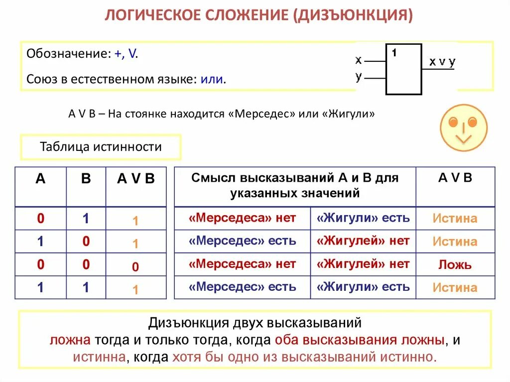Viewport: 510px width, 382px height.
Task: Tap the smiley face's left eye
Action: (453, 122)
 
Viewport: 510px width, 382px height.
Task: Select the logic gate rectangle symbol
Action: (403, 69)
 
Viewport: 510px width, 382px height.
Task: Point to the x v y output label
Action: (442, 62)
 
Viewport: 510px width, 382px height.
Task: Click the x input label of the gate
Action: (359, 60)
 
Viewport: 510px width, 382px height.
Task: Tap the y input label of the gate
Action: (359, 77)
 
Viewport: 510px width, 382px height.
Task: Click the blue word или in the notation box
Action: (212, 79)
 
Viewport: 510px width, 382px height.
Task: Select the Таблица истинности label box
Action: (101, 147)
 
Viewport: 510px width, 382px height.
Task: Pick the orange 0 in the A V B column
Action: (135, 267)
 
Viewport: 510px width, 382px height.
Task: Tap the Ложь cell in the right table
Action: (455, 264)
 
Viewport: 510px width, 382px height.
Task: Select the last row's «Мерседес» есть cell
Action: (243, 287)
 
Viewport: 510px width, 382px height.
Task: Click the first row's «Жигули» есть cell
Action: (363, 218)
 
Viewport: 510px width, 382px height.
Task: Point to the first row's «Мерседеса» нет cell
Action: (243, 218)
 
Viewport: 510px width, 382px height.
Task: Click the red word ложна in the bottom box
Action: (70, 340)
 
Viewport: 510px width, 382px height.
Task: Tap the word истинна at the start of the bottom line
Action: (99, 357)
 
